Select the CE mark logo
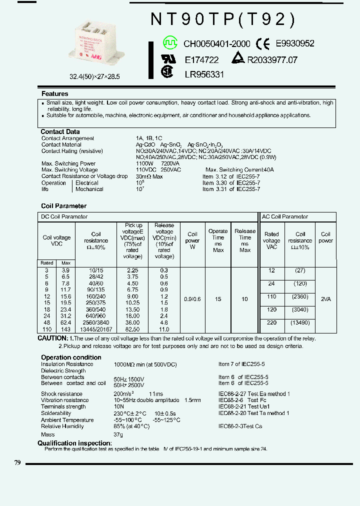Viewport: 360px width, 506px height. tap(263, 44)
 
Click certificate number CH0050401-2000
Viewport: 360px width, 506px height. tap(216, 44)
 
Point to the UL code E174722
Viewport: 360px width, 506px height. tap(201, 60)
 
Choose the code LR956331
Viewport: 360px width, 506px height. tap(204, 74)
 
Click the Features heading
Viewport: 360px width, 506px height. tap(55, 94)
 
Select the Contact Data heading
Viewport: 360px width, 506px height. tap(59, 132)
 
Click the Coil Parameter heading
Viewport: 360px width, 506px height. tap(63, 206)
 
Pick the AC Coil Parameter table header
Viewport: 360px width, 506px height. tap(285, 217)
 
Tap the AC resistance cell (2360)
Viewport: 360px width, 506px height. tap(300, 296)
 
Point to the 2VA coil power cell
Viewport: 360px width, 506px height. tap(325, 298)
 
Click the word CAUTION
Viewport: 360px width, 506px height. tap(52, 338)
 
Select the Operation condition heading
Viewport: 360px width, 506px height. tap(71, 357)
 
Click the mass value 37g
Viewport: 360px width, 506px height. tap(118, 435)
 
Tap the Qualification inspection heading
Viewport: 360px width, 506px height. tap(74, 443)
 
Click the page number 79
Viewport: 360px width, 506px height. tap(17, 463)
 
